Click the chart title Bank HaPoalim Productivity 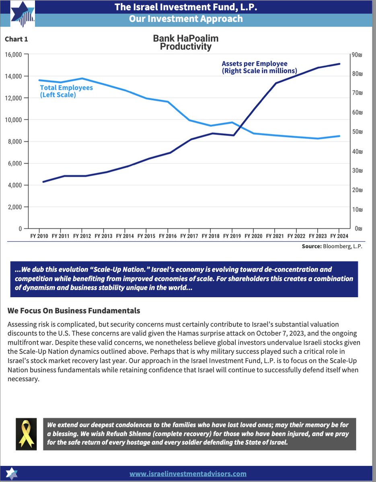click(186, 42)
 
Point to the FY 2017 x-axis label click(189, 236)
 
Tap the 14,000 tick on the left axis click(14, 76)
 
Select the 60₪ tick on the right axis click(357, 112)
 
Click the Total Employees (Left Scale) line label click(66, 91)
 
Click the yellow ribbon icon click(26, 434)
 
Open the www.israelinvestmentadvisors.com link click(188, 474)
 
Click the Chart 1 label click(16, 39)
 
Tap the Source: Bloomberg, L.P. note click(332, 246)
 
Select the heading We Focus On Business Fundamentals click(74, 310)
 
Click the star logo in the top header click(23, 14)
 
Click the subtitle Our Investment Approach click(186, 19)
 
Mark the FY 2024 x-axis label click(339, 236)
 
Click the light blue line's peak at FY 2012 click(82, 78)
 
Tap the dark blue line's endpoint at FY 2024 click(339, 64)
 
